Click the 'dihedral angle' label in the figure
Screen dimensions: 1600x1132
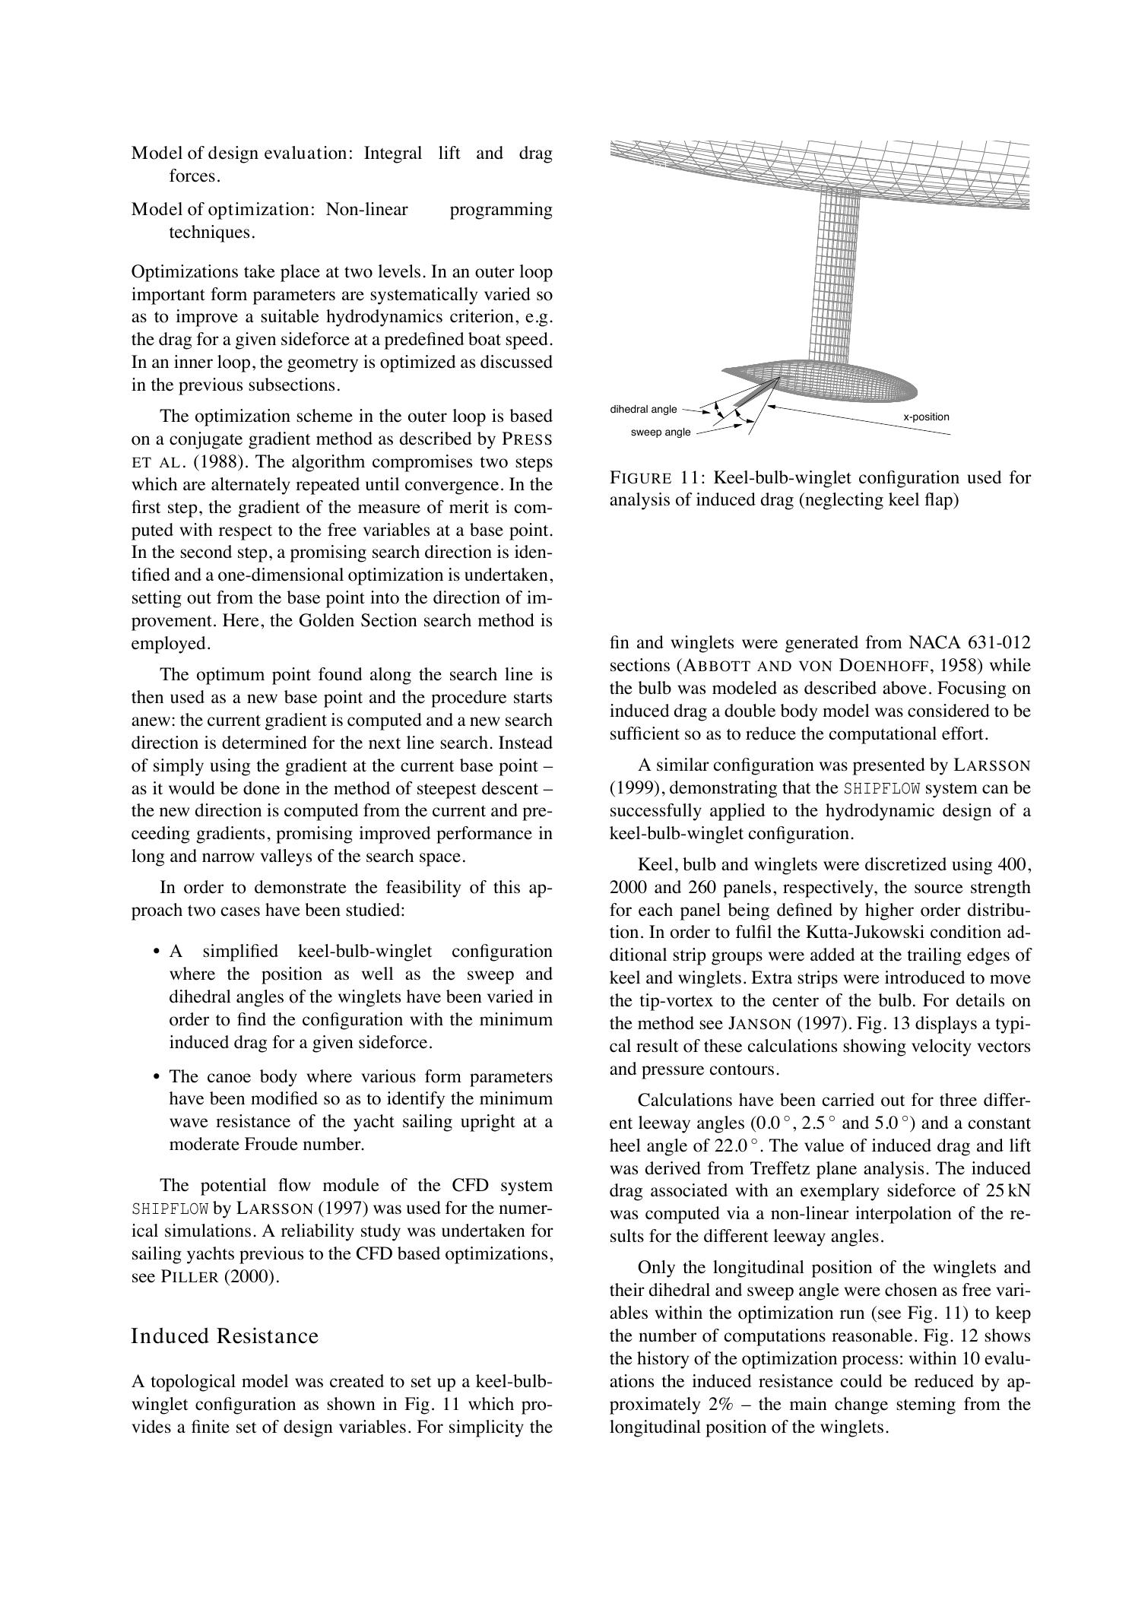point(643,410)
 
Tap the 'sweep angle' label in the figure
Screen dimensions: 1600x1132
point(661,432)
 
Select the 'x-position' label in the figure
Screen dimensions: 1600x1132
point(926,417)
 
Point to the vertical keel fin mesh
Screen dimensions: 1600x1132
point(835,274)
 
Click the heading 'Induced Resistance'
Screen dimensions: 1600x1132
point(225,1335)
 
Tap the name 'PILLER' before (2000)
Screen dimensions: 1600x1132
point(189,1277)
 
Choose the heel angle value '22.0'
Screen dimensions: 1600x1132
point(731,1145)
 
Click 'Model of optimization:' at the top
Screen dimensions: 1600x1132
point(223,209)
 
